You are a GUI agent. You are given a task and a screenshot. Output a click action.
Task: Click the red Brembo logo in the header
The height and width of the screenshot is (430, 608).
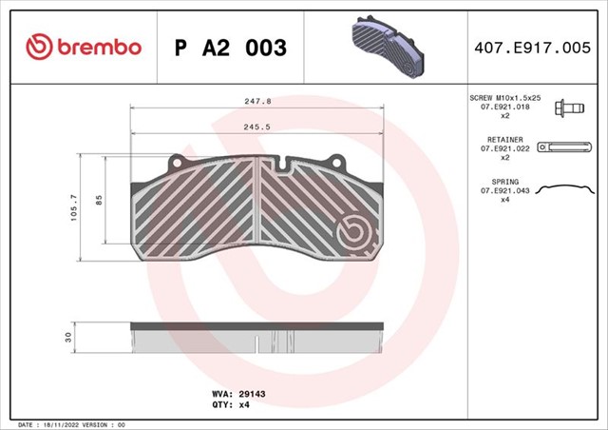(x=84, y=47)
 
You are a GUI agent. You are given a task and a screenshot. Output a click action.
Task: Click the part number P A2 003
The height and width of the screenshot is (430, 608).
(x=231, y=48)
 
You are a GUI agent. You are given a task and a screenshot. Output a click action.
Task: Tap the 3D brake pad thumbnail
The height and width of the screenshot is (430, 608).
(x=388, y=47)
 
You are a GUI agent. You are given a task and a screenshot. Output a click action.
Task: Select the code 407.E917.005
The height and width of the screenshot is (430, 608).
(x=532, y=48)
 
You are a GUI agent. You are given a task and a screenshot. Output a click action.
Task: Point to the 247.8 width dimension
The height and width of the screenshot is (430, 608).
(x=257, y=102)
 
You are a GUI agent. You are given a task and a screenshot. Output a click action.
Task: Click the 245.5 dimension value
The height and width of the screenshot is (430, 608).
(x=257, y=127)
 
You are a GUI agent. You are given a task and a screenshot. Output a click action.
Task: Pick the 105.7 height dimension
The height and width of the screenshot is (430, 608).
(x=74, y=207)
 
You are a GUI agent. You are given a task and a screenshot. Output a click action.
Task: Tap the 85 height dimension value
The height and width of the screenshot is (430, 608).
(x=99, y=200)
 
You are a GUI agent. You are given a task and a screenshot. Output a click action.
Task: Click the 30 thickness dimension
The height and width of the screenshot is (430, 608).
(x=68, y=337)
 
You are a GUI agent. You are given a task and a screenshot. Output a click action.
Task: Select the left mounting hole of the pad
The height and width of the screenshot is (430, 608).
(x=177, y=163)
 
